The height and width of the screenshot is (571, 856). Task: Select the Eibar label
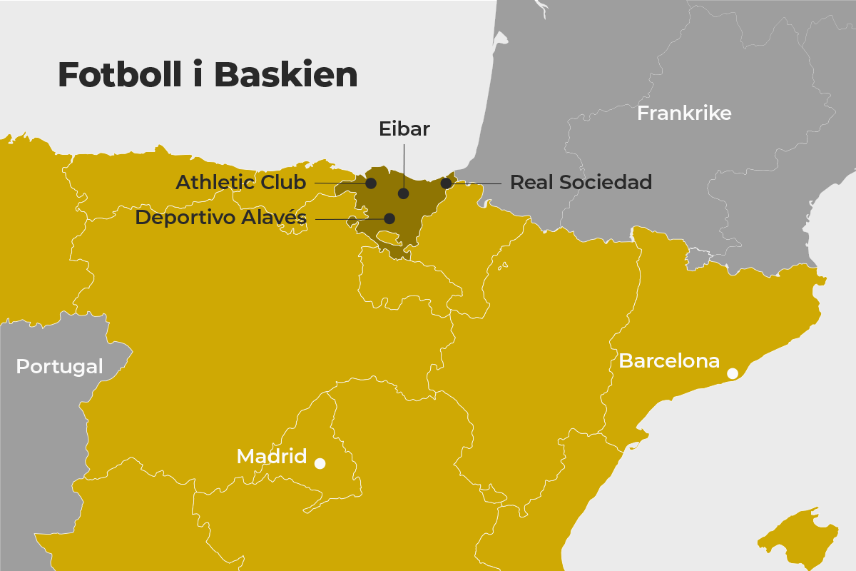404,129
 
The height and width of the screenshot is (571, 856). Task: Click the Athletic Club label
241,183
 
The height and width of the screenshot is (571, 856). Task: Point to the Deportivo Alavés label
221,218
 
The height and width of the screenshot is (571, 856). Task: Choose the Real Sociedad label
581,183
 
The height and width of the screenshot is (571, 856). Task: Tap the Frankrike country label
684,113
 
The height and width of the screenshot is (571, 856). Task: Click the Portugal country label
59,366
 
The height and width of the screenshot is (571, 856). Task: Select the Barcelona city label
669,361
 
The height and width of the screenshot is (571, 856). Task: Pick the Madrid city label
272,456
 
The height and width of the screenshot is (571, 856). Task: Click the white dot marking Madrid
320,463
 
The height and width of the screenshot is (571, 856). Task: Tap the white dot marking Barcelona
733,373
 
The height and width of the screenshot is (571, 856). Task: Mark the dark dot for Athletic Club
371,183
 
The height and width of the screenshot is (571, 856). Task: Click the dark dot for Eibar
403,193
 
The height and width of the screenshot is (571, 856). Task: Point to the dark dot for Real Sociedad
446,183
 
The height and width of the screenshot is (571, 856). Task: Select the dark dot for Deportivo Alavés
389,218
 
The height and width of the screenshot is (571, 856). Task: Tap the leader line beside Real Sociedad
478,183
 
